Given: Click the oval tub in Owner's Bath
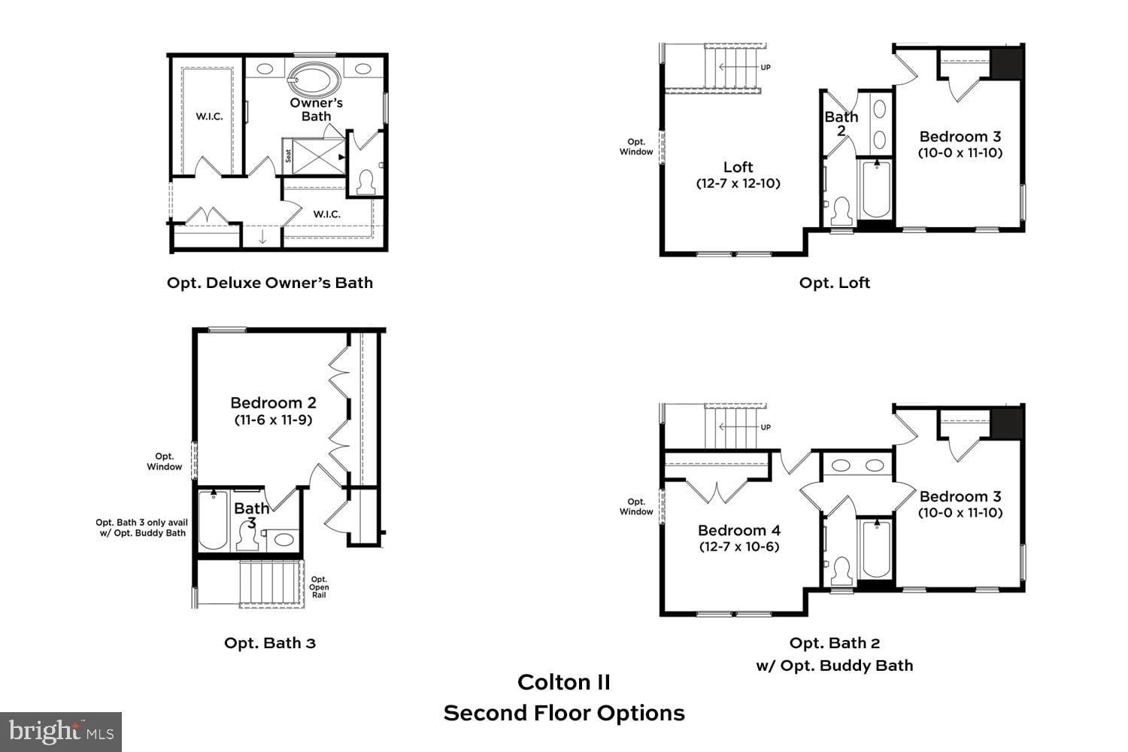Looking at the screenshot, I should (x=314, y=78).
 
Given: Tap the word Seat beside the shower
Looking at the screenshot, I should (x=289, y=156).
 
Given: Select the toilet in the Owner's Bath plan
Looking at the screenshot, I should (x=366, y=182).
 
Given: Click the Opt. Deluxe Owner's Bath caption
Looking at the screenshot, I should (x=270, y=283).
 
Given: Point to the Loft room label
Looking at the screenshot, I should (x=738, y=167).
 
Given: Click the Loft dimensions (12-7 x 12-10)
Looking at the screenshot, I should (x=738, y=183).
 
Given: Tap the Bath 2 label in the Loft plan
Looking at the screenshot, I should (x=841, y=123).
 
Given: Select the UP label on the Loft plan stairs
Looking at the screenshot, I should (x=766, y=68).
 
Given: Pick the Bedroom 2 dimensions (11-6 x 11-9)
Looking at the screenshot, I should (x=273, y=420).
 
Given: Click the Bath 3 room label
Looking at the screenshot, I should (x=251, y=515).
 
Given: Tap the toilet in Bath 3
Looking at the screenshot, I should (x=247, y=536).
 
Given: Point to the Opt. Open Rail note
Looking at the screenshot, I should (x=319, y=587).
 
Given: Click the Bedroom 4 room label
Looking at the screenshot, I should (x=738, y=530).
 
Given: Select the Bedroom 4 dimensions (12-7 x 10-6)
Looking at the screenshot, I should (x=738, y=547).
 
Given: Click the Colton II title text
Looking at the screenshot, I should (x=563, y=682).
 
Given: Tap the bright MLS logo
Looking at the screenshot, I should (x=61, y=731).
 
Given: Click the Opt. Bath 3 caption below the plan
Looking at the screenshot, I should (x=270, y=643).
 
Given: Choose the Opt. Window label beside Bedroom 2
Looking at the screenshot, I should (x=165, y=462).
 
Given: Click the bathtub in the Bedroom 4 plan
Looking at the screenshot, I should (x=875, y=549).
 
